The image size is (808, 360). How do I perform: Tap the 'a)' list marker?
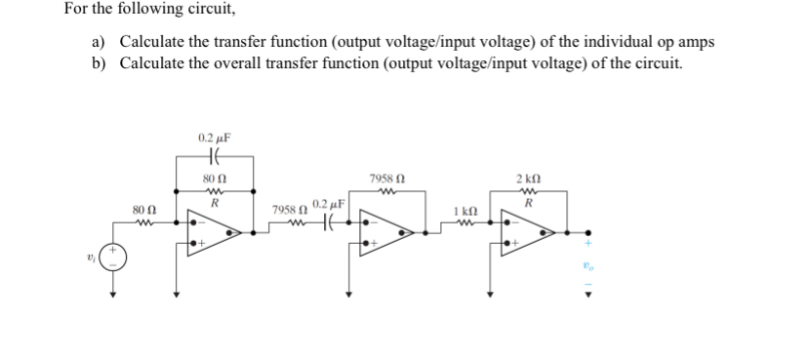click(x=99, y=42)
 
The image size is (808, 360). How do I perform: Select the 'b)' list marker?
click(x=99, y=63)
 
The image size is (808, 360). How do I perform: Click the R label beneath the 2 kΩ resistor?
click(x=528, y=205)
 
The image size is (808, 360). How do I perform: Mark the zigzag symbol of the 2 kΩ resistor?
click(x=528, y=191)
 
